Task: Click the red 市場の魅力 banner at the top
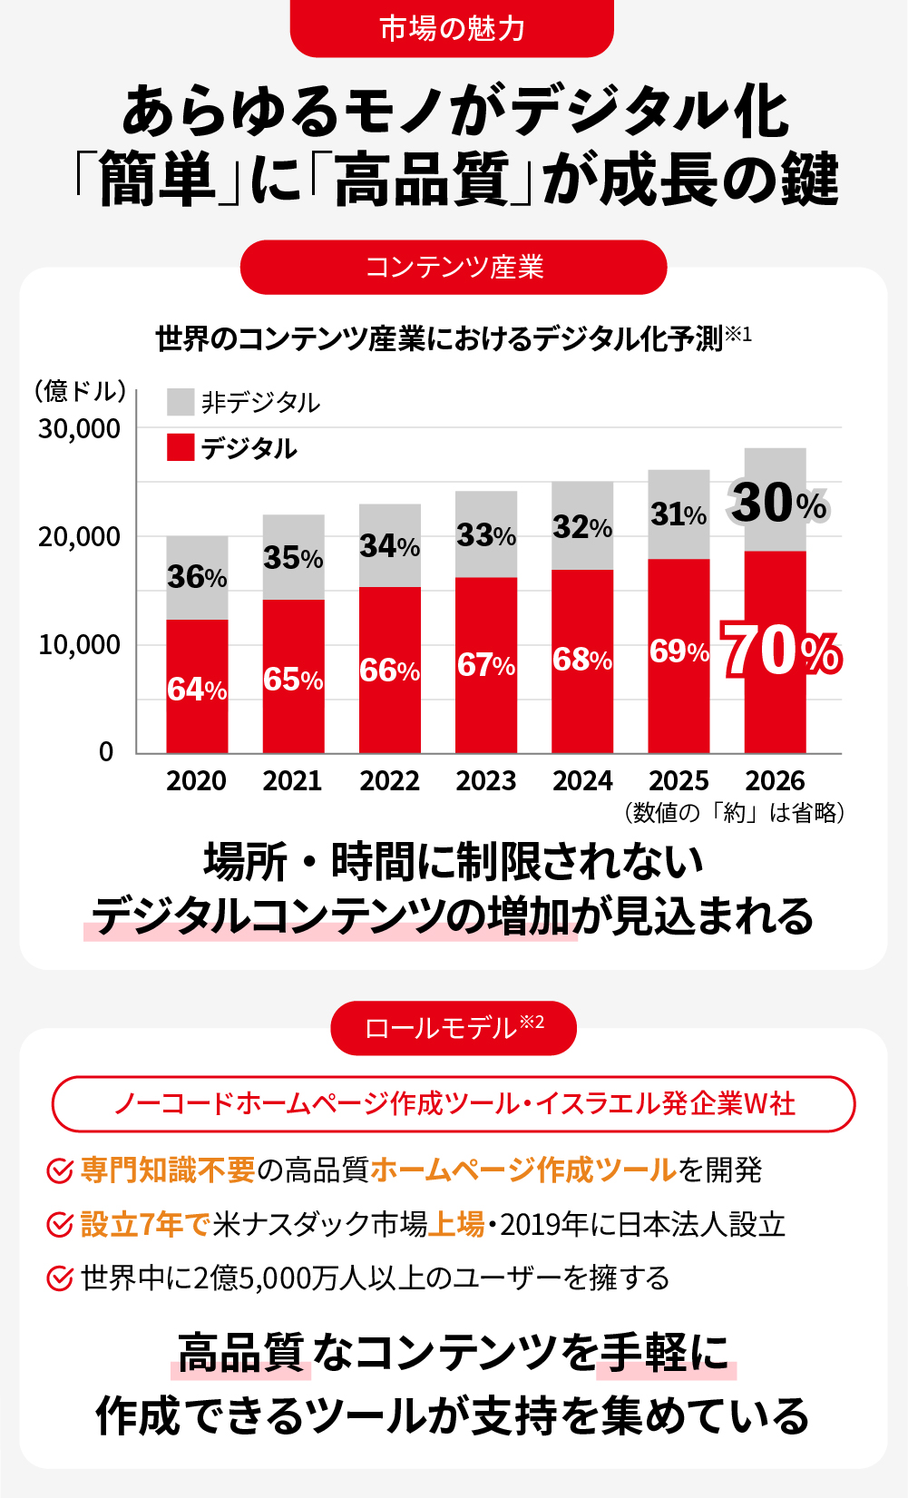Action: pos(452,28)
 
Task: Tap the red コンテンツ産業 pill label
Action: pos(454,267)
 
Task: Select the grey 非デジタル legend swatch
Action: pos(181,402)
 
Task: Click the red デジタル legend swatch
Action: pos(181,447)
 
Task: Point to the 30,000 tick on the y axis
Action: pos(79,428)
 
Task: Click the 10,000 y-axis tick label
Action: pos(79,645)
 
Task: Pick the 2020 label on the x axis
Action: pos(196,780)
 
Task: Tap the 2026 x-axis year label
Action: pos(775,780)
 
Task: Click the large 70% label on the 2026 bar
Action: pos(781,651)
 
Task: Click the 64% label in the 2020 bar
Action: pos(197,690)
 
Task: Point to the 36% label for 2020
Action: pos(197,577)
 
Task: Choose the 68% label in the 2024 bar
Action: pos(582,660)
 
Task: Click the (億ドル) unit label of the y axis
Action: pos(80,391)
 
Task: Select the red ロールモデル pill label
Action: pos(454,1028)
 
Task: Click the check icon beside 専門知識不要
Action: pos(60,1170)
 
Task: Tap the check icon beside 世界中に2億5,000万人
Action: pos(60,1278)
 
